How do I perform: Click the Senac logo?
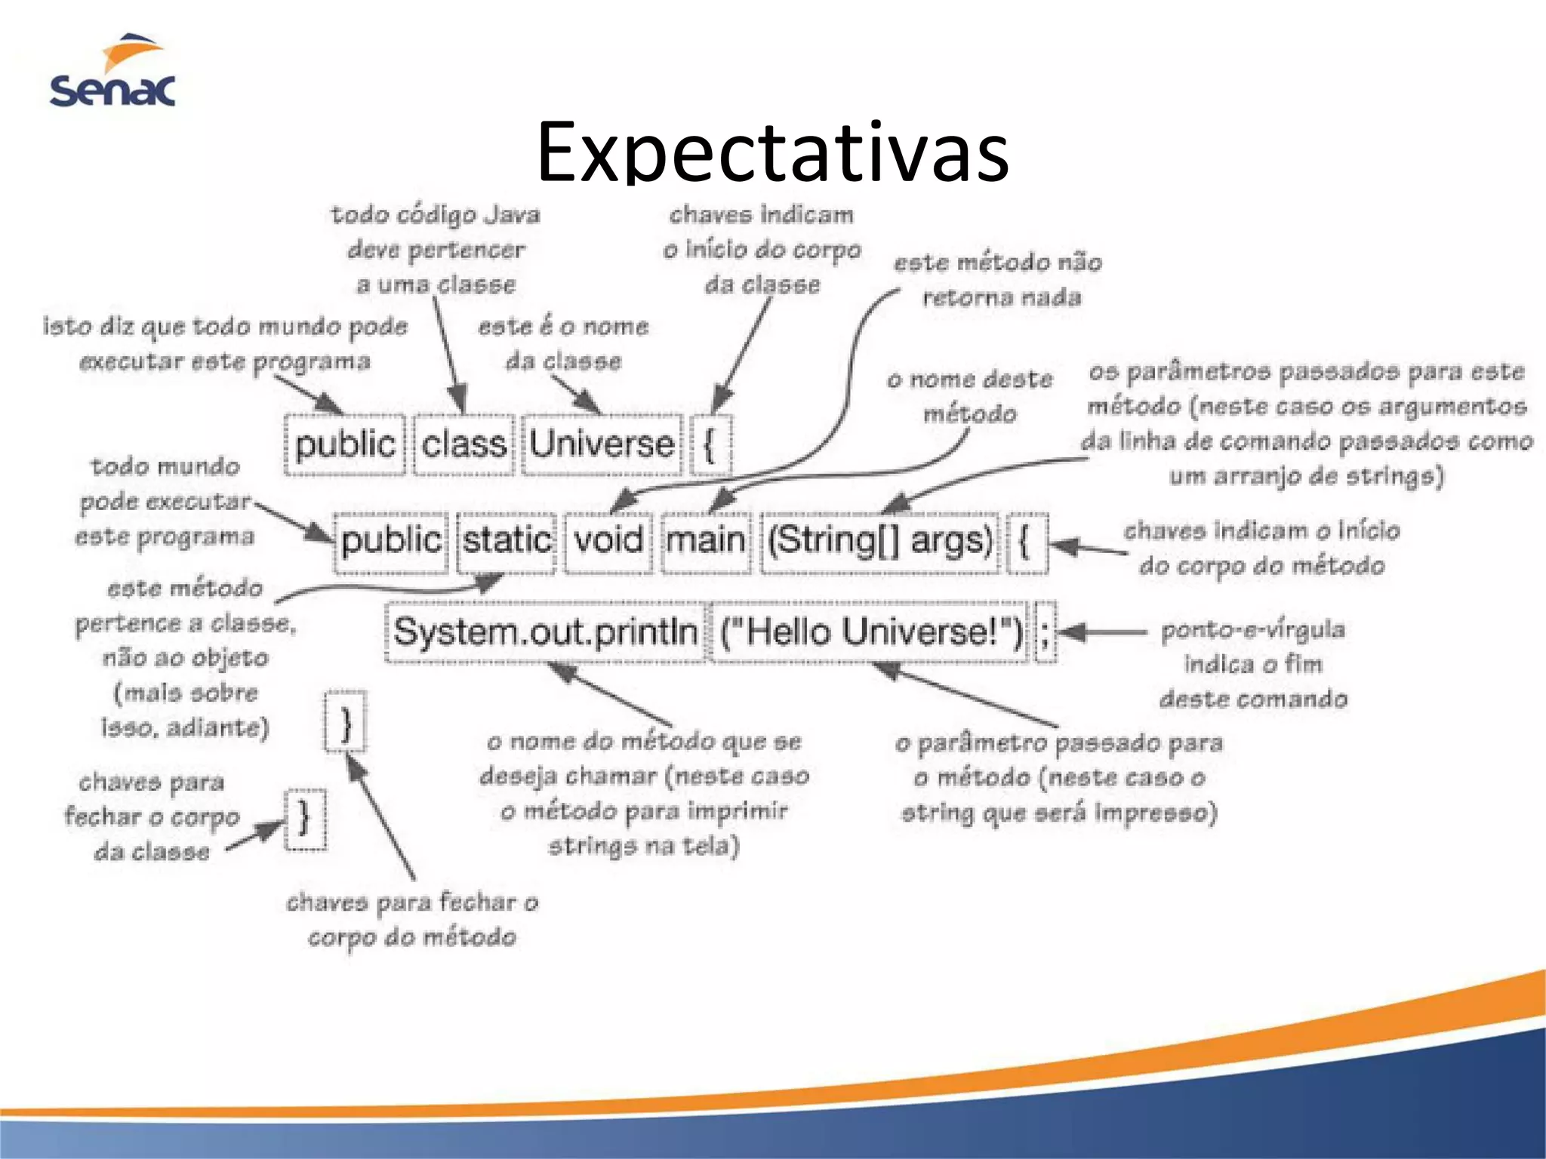(113, 72)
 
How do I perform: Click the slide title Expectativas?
(772, 152)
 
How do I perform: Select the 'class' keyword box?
(463, 444)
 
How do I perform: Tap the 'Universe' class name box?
(602, 444)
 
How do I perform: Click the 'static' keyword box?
(507, 541)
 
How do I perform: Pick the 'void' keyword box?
(608, 541)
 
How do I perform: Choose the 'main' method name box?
(706, 541)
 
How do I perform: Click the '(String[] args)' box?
(880, 541)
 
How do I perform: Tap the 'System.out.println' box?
(545, 632)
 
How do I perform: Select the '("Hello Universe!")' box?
(870, 632)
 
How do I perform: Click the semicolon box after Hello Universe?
(1045, 632)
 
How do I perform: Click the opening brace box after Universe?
(710, 444)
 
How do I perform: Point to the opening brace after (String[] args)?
(1026, 541)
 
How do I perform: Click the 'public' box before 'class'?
(345, 444)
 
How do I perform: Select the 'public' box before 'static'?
(391, 541)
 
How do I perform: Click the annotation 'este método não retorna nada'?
(999, 280)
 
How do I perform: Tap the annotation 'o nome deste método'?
(970, 396)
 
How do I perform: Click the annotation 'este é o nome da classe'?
(563, 343)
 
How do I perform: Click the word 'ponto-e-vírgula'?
(1253, 629)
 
